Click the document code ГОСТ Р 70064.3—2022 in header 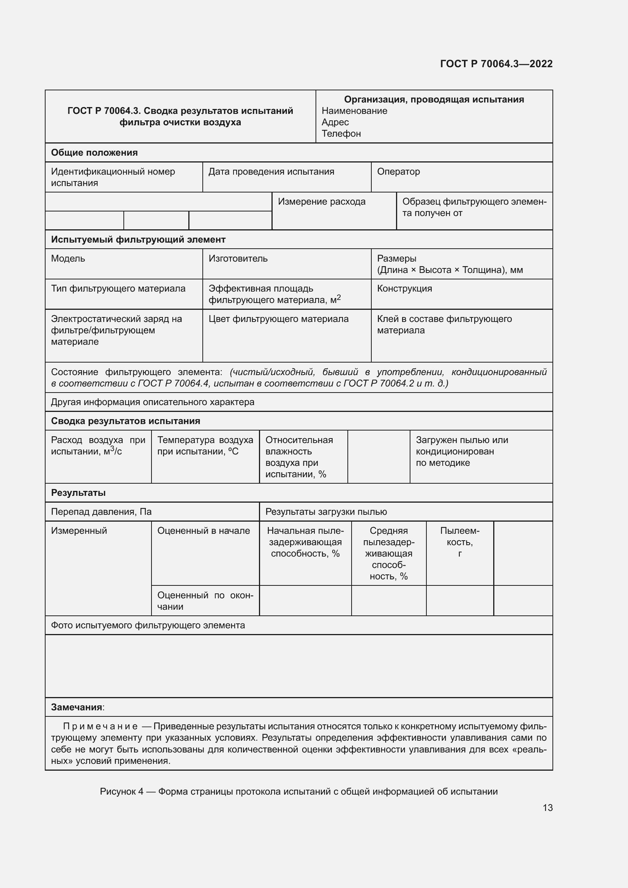[x=496, y=64]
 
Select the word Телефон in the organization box [x=341, y=133]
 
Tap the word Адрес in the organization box [x=335, y=122]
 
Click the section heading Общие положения [x=95, y=152]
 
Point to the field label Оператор [x=398, y=171]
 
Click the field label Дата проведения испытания [x=271, y=171]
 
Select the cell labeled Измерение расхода [x=321, y=202]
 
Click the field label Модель [x=68, y=259]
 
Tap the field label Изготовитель [x=238, y=259]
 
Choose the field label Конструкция [x=404, y=289]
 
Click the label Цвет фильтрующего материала [x=278, y=319]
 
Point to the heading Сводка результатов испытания [x=125, y=421]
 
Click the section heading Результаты [x=78, y=493]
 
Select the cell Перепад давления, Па [x=101, y=512]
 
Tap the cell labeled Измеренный [x=79, y=531]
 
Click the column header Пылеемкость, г [x=459, y=541]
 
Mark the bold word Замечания [x=77, y=707]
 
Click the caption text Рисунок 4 [x=121, y=791]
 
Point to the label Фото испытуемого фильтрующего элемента [x=148, y=625]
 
